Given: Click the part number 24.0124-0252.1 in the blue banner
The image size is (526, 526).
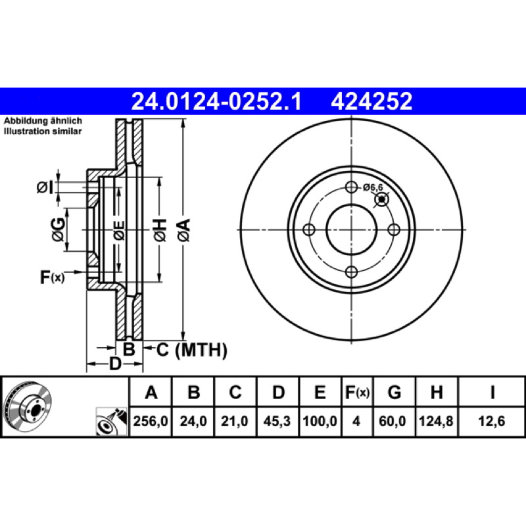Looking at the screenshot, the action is [x=216, y=101].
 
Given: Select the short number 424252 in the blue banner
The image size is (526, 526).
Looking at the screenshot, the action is [x=371, y=101].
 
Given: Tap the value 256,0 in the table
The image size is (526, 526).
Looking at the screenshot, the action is [x=151, y=421].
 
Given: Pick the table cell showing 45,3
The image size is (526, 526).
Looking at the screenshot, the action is [x=277, y=421].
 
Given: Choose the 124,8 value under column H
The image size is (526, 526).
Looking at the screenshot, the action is [x=436, y=421].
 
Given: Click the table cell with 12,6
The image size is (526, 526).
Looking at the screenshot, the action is [x=491, y=421].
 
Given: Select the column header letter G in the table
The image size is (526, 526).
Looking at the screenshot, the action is [x=394, y=392].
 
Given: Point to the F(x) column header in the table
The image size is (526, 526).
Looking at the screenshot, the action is [x=357, y=392].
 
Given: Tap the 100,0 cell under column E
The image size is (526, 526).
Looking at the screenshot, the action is [x=320, y=421].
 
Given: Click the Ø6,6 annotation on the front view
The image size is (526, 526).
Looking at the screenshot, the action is [x=373, y=187].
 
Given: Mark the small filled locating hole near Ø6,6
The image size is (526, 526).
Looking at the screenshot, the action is [x=381, y=200].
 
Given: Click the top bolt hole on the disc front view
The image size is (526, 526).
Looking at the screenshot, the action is [x=351, y=187].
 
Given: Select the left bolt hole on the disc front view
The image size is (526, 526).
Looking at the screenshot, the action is [x=308, y=229].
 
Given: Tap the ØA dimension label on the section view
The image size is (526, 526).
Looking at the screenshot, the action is [x=184, y=230].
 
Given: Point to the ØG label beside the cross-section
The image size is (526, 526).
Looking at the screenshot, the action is [x=59, y=229].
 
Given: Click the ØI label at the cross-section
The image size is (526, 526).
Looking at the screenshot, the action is [x=45, y=187].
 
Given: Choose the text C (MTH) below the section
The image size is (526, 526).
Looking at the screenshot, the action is [x=191, y=350].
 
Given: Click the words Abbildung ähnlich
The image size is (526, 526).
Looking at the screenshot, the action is [x=43, y=121].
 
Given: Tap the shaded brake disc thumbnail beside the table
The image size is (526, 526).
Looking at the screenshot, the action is [x=27, y=406].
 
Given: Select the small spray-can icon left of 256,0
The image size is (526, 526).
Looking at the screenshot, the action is [x=112, y=421].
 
